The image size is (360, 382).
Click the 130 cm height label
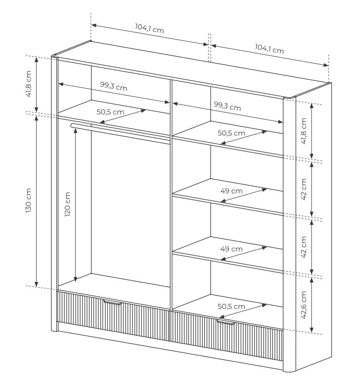tap(29, 200)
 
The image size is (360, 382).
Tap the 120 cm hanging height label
tap(68, 204)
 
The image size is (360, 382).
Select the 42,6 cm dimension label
tap(303, 305)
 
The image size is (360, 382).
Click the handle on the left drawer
tap(112, 302)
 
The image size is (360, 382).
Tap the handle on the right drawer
tap(226, 322)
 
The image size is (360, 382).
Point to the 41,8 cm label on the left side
tap(29, 84)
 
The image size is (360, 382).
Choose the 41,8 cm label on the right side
tap(303, 131)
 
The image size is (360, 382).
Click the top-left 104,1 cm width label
tap(150, 29)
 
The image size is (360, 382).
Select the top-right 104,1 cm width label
tap(270, 49)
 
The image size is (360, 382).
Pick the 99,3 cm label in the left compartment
tap(114, 86)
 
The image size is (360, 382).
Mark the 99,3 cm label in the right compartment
tap(228, 106)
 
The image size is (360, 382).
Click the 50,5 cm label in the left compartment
tap(110, 112)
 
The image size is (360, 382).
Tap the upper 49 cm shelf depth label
tap(231, 191)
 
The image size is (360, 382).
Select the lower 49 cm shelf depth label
tap(231, 249)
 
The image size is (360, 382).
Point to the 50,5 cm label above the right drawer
tap(231, 306)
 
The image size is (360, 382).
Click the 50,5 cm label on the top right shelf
tap(231, 133)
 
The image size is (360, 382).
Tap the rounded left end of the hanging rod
tap(72, 125)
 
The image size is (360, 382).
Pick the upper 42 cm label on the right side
tap(303, 189)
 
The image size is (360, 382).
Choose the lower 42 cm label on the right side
tap(303, 247)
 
